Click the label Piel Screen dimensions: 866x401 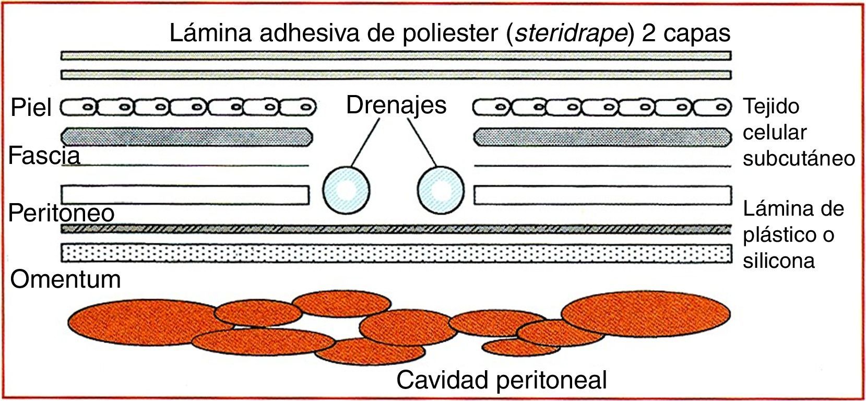point(31,108)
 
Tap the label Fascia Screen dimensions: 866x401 point(44,156)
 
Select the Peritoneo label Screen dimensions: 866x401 point(62,213)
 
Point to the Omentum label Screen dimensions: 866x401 point(66,279)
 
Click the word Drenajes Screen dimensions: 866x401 point(396,105)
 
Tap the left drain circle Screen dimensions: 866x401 point(346,190)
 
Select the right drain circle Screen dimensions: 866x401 point(441,190)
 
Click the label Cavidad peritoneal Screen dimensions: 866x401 point(502,380)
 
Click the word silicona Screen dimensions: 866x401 point(779,261)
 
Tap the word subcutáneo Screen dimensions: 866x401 point(799,158)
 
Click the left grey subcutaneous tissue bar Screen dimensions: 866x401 point(187,137)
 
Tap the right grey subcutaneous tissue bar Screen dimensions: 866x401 point(602,137)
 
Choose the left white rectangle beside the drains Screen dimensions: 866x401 point(185,195)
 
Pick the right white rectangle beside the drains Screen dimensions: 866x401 point(602,195)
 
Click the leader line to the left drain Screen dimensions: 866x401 point(365,142)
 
